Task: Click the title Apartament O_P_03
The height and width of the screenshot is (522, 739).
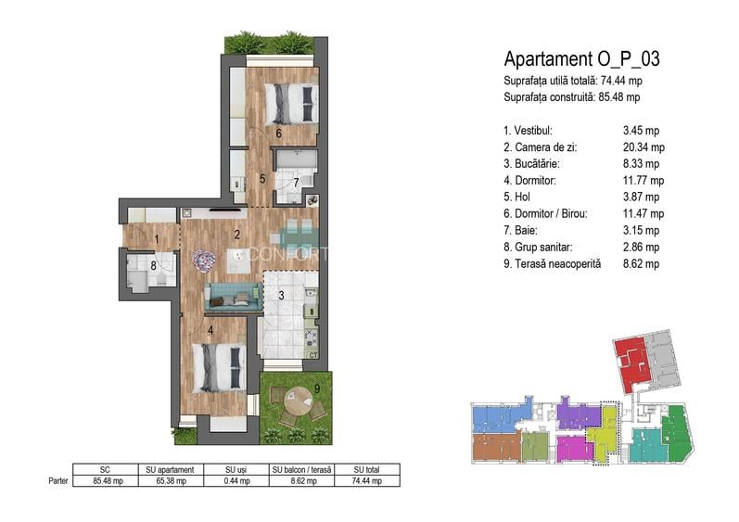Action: tap(581, 59)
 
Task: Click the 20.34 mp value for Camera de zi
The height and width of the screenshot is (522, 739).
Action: tap(643, 147)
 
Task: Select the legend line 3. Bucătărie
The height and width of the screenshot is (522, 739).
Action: tap(531, 164)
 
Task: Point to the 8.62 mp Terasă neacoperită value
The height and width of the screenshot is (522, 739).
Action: tap(641, 264)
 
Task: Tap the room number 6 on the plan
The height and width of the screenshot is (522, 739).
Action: tap(278, 134)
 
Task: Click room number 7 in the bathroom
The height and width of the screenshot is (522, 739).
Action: tap(296, 183)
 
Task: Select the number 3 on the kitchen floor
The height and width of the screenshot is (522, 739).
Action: tap(281, 296)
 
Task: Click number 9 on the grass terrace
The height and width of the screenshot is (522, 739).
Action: tap(317, 388)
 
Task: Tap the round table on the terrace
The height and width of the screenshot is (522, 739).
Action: tap(299, 401)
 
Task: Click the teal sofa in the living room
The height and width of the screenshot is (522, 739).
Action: tap(234, 297)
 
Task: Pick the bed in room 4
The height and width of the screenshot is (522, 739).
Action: tap(220, 367)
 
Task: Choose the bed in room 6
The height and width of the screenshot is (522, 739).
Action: tap(290, 104)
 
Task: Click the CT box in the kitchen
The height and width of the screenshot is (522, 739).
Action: tap(313, 355)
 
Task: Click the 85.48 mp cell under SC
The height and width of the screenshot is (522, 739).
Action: tap(108, 481)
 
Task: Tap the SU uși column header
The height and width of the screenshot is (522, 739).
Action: tap(236, 470)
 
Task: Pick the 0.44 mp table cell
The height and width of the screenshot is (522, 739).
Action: tap(236, 481)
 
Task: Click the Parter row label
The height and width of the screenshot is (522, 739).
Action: tap(58, 481)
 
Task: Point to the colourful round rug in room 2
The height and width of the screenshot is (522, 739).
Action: tap(204, 260)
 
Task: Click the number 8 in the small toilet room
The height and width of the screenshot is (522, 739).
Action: tap(153, 266)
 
